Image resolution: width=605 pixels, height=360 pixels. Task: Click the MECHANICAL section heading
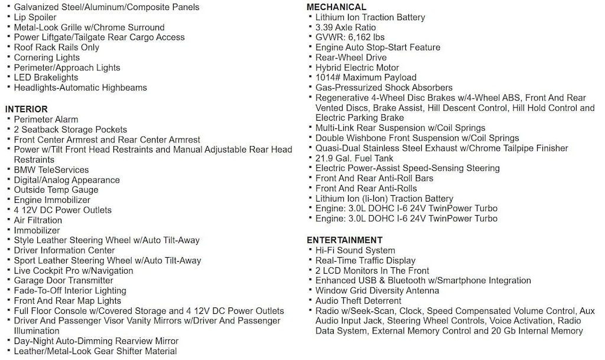(336, 7)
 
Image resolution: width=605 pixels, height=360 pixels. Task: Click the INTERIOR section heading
(27, 109)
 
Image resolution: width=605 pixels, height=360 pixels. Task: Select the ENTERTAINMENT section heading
(344, 240)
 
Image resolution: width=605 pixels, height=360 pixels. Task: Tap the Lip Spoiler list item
(36, 17)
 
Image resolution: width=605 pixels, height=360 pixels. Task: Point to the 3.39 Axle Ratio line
(345, 27)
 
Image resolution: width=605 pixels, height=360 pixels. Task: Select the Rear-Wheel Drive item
(351, 57)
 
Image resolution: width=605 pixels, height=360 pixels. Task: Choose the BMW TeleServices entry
(51, 170)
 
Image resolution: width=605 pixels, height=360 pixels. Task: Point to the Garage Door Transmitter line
(64, 280)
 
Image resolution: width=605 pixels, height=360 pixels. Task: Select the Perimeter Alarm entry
(46, 119)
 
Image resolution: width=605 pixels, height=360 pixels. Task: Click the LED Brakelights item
(46, 77)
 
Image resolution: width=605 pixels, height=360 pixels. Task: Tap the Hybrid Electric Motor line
(357, 67)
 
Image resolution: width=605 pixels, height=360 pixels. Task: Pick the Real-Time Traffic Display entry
(365, 260)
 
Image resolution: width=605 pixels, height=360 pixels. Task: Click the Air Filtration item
(38, 220)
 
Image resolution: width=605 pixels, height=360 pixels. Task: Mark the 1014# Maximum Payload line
(366, 77)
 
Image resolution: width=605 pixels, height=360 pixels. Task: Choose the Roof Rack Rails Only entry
(57, 47)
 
